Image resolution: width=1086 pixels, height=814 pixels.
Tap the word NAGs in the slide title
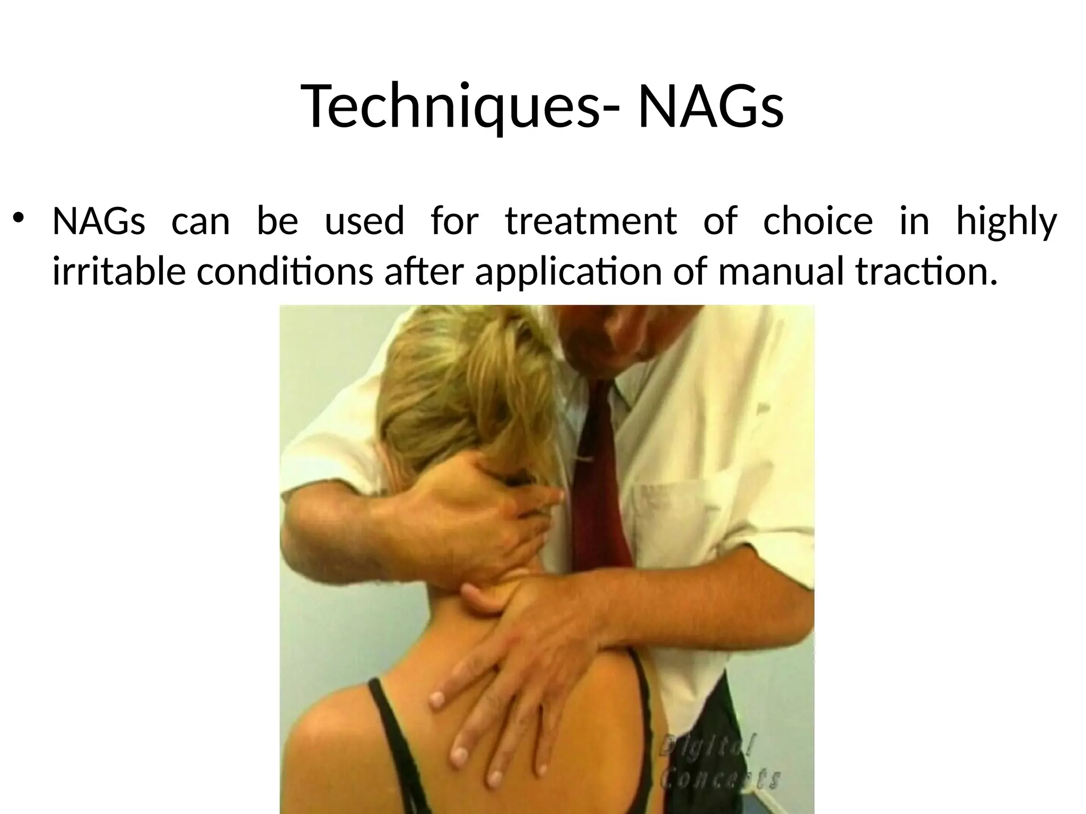click(x=711, y=106)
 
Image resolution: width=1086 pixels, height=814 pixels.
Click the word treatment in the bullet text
click(x=591, y=221)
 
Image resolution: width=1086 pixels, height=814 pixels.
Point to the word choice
click(x=818, y=221)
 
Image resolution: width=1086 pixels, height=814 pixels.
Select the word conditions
click(x=285, y=271)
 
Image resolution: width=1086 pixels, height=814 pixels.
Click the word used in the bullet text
click(x=364, y=221)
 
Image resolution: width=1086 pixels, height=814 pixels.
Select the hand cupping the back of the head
click(x=467, y=509)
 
